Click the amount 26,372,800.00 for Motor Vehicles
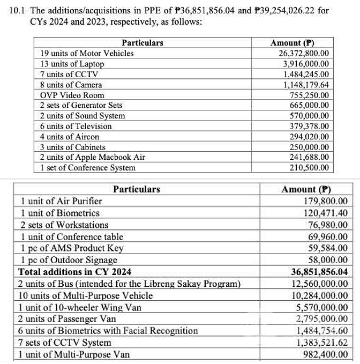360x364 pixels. [x=304, y=53]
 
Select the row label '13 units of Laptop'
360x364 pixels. [x=72, y=64]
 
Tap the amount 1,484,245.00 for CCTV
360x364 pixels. [x=306, y=74]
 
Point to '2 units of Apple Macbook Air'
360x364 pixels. [x=92, y=157]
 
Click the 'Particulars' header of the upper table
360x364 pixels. [x=142, y=43]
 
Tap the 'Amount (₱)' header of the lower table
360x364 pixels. [x=306, y=189]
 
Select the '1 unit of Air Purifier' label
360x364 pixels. [x=61, y=201]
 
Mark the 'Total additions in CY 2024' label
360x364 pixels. [x=74, y=272]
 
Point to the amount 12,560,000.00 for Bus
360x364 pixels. [x=319, y=284]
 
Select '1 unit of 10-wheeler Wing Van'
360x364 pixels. [x=80, y=307]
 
